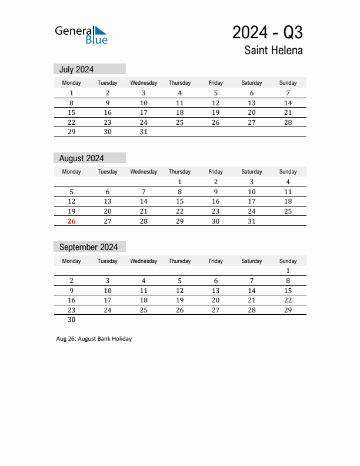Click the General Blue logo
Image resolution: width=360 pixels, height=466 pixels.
click(81, 35)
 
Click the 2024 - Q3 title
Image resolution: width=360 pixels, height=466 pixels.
click(267, 32)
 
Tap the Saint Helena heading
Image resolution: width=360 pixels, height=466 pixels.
click(274, 51)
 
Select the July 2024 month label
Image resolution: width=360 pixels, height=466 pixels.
click(76, 69)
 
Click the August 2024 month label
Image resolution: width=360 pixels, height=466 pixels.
click(81, 158)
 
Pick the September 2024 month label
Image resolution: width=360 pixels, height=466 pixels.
click(88, 247)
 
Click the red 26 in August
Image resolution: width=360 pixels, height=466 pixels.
click(72, 221)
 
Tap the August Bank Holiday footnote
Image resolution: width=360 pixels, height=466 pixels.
click(94, 339)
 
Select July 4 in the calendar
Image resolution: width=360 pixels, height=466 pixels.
click(179, 93)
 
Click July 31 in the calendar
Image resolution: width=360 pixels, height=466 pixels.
click(144, 132)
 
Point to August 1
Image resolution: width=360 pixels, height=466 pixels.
click(179, 182)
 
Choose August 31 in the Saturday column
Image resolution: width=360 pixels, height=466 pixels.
click(252, 221)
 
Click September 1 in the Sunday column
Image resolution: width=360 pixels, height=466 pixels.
click(288, 271)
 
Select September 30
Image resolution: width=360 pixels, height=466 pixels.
click(72, 319)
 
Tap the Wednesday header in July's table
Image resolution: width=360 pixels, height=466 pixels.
click(144, 83)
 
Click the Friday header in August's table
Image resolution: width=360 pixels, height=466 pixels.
click(216, 172)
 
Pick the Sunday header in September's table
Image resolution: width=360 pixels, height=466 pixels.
click(288, 261)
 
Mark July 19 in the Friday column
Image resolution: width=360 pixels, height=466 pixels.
click(216, 112)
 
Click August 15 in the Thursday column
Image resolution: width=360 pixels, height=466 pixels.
click(179, 201)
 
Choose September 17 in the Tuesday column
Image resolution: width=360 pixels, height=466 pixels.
click(108, 300)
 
